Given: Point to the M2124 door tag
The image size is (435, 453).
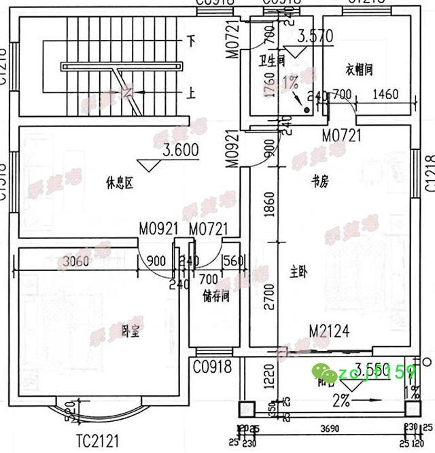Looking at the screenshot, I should [329, 331].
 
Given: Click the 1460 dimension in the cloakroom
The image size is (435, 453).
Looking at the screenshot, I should [385, 94].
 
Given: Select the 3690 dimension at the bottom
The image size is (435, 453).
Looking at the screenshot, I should [329, 429].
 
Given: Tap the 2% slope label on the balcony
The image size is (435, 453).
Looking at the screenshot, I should [341, 400].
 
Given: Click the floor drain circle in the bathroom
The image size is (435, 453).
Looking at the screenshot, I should [307, 109].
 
